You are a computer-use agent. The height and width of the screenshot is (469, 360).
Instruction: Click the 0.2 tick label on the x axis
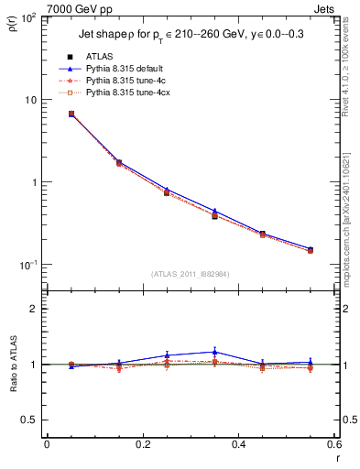coord(142,443)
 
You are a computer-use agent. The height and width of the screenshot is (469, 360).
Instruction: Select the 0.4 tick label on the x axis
coord(237,443)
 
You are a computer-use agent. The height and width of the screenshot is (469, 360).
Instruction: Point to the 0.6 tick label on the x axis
coord(333,443)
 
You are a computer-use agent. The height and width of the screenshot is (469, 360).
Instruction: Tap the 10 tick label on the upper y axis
coord(30,100)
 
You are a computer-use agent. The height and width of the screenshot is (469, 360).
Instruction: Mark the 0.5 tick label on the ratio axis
coord(29,420)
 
